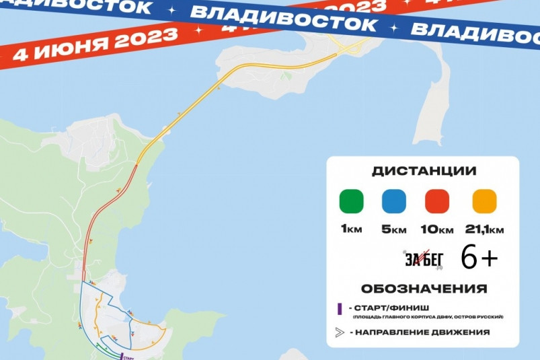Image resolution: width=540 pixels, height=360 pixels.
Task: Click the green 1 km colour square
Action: [x=351, y=201]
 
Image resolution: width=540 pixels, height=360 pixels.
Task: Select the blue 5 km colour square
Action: [x=393, y=201]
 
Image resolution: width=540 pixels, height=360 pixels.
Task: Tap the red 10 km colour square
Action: [x=438, y=201]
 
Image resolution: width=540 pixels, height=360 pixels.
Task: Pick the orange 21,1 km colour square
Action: [x=484, y=201]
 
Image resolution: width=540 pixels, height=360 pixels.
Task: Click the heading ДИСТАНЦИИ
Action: [x=423, y=171]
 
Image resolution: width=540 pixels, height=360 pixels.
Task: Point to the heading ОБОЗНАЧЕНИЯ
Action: [x=424, y=289]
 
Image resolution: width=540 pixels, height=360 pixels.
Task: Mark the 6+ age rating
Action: [x=479, y=257]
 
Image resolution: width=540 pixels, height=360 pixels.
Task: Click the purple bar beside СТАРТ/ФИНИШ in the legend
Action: [x=340, y=309]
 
